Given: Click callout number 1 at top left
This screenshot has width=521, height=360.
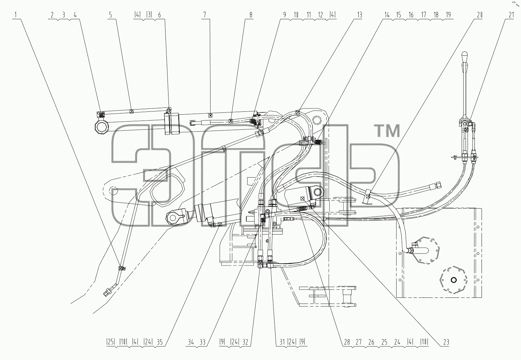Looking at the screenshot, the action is [x=16, y=15].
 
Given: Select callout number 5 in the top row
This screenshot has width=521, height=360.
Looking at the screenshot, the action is [x=110, y=15].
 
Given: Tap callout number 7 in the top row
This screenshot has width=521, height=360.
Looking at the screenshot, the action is [x=205, y=15].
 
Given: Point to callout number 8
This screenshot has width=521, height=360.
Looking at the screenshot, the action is [x=251, y=15].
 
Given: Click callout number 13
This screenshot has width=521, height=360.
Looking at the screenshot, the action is [x=360, y=15].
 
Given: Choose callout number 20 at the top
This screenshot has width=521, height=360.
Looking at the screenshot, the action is [x=480, y=15].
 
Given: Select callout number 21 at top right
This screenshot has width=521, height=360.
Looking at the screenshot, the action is [x=511, y=15].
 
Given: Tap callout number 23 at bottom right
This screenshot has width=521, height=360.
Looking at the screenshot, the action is [x=446, y=342].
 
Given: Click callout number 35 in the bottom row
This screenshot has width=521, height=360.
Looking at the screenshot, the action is [x=160, y=342].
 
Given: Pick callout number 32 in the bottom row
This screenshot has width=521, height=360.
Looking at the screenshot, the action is [x=245, y=342].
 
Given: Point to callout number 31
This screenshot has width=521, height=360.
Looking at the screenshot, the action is [x=282, y=342].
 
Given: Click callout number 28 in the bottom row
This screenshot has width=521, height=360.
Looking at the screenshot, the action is [x=347, y=342].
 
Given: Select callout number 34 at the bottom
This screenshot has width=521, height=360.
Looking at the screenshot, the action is [x=191, y=342].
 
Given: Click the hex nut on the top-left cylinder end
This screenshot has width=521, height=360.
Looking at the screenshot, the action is [x=102, y=127].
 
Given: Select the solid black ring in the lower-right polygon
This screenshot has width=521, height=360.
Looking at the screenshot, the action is [x=454, y=280].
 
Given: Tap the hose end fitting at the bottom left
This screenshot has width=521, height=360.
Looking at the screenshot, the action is [x=108, y=292].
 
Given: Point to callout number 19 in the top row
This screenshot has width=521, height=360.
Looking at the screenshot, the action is [x=448, y=15].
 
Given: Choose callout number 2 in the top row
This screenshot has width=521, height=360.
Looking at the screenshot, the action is [x=52, y=15].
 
